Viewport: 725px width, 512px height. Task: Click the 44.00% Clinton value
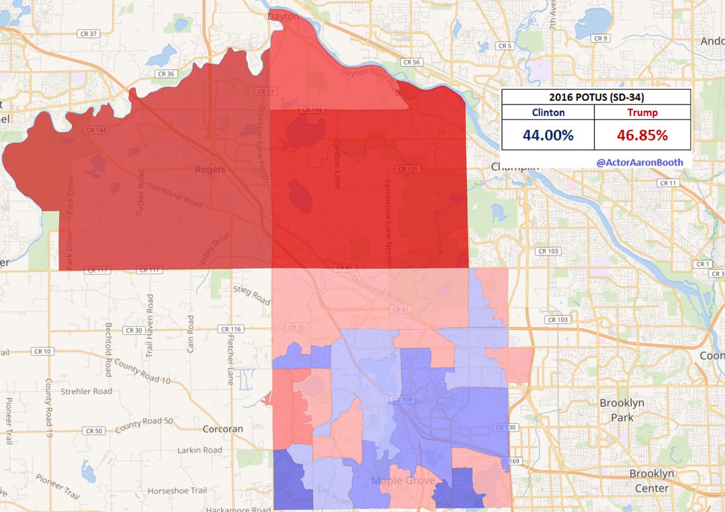(x=547, y=135)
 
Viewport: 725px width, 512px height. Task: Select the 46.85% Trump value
(x=642, y=135)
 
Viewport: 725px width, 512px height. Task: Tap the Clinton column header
(x=548, y=112)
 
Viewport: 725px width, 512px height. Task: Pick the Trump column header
(x=642, y=112)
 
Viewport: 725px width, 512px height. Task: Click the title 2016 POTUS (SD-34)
(x=595, y=97)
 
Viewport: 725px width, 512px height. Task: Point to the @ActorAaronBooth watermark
(x=640, y=162)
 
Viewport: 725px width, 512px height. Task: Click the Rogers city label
(x=210, y=170)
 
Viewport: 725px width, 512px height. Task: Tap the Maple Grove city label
(x=404, y=481)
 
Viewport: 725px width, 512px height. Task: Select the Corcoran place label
(x=223, y=429)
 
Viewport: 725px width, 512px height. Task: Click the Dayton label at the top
(x=283, y=17)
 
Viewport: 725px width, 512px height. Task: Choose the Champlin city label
(x=514, y=166)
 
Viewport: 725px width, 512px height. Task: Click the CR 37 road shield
(x=88, y=34)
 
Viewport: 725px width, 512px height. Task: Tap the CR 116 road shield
(x=231, y=330)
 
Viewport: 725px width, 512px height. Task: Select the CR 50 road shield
(x=94, y=431)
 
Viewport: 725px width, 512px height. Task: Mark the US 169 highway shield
(x=507, y=462)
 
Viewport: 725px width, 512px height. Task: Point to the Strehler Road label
(x=86, y=391)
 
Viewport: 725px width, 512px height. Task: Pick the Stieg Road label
(x=251, y=296)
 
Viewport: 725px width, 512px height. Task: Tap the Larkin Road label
(x=200, y=450)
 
